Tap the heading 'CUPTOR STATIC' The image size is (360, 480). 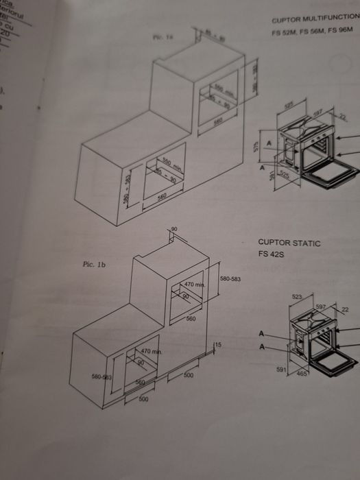pos(289,243)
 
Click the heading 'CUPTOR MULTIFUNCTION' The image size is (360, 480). pos(315,21)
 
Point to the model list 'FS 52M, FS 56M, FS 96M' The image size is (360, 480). pos(313,32)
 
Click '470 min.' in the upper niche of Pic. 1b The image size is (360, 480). pos(195,285)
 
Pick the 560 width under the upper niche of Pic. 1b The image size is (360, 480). pos(191,319)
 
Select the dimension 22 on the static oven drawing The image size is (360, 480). pos(344,309)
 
